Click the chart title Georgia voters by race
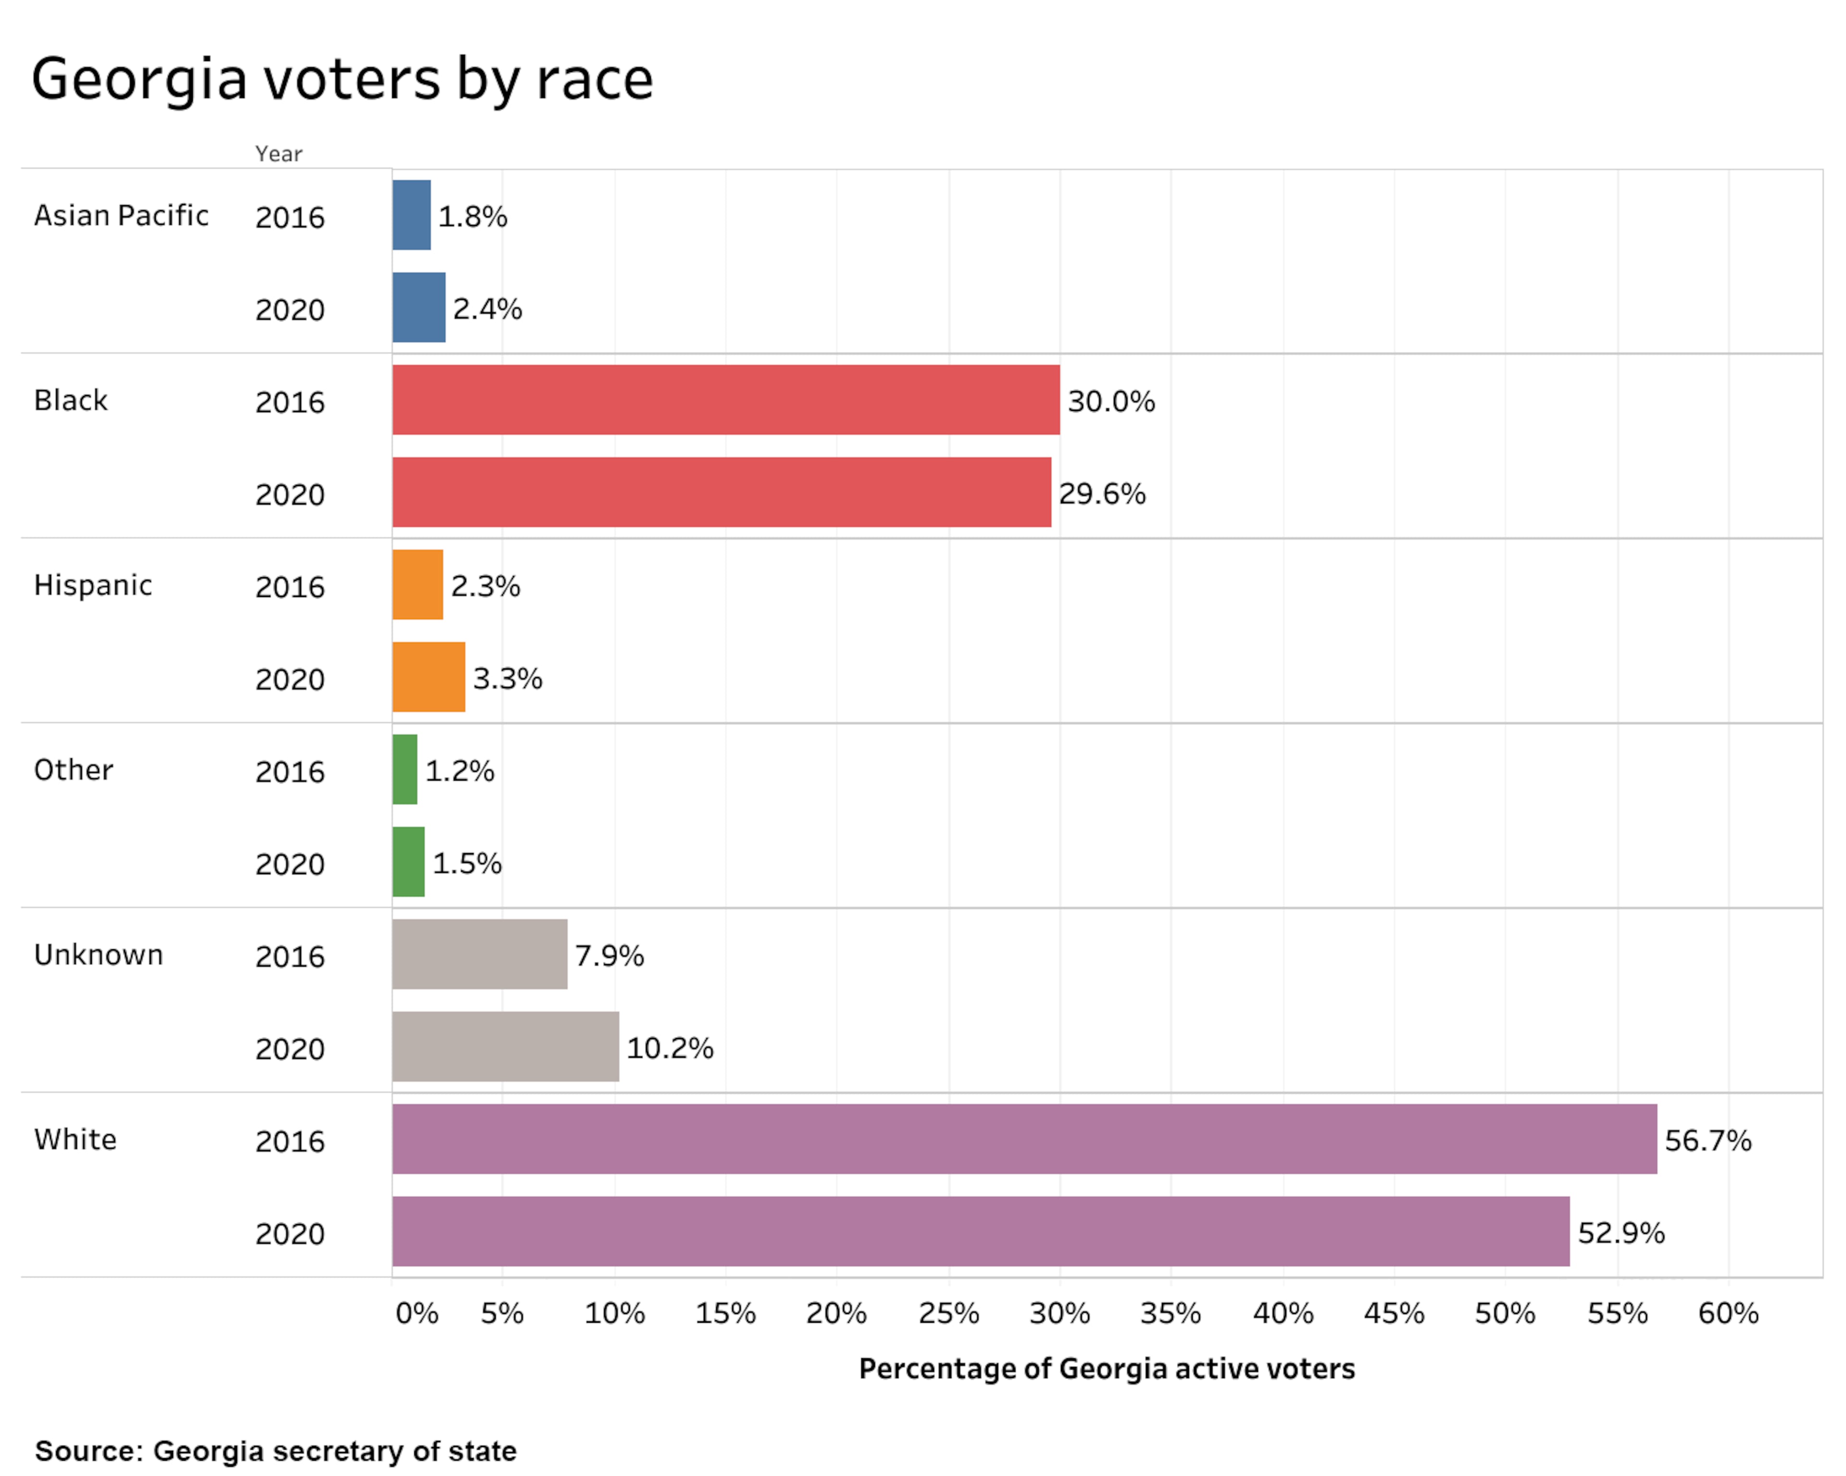342,79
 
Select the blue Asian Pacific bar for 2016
411,215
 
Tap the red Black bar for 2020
721,492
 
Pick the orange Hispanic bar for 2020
428,677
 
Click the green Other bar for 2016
404,769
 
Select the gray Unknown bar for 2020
505,1046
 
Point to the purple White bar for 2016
1024,1139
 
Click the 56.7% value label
1707,1141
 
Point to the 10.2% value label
670,1048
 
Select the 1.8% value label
473,217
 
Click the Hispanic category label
92,585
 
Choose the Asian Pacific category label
121,216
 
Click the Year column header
278,154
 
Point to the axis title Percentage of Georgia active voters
1106,1369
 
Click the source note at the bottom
276,1451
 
